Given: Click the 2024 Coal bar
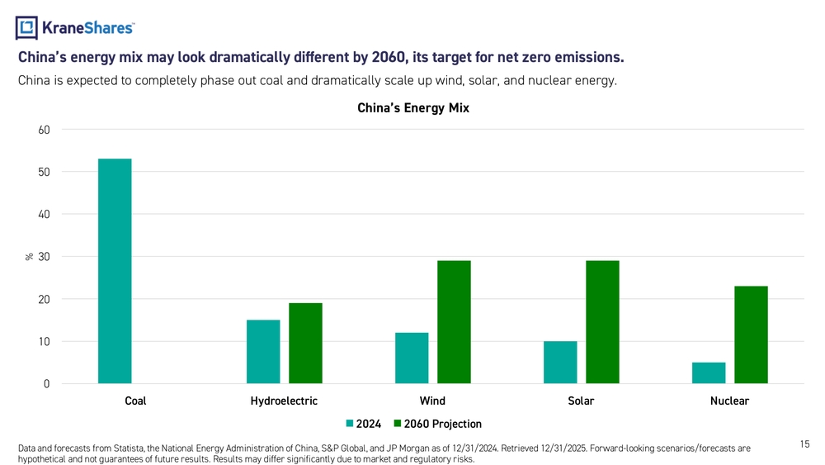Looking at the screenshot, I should coord(115,271).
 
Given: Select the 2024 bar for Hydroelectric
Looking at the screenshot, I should coord(263,352).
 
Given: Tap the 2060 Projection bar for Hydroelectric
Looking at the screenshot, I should coord(305,344).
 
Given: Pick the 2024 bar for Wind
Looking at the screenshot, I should coord(412,358).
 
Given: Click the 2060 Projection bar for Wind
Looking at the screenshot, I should coord(454,322).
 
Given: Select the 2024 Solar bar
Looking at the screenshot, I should coord(560,363).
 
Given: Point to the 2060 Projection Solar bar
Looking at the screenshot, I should coord(602,322).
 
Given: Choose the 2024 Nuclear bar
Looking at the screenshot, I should coord(709,372).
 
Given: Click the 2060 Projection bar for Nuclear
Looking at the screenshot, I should coord(751,335).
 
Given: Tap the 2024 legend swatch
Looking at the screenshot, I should coord(350,424).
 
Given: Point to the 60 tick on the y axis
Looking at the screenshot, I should coord(44,130).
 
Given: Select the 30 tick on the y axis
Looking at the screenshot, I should coord(44,257).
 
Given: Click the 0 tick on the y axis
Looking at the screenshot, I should coord(46,384).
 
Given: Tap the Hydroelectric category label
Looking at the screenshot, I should coord(284,401).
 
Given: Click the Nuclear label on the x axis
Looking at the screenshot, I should coord(729,401).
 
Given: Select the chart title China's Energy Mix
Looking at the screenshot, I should coord(412,108).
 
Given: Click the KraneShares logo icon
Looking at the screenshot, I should coord(27,28).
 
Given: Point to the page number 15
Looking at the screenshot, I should coord(804,444).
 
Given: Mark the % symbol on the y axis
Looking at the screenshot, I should coord(29,257).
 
